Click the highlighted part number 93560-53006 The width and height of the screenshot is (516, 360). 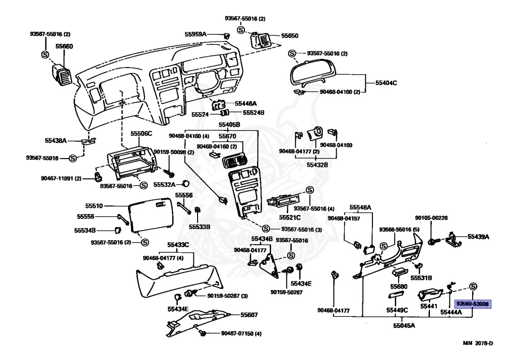click(473, 304)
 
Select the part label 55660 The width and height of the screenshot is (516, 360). click(64, 46)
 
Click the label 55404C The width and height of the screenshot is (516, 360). click(386, 82)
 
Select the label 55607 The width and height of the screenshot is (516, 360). click(248, 315)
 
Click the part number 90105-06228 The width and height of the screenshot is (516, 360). click(431, 218)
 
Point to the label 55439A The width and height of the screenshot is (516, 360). click(478, 236)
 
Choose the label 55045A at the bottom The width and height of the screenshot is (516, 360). click(404, 326)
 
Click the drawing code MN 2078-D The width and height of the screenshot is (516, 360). click(478, 343)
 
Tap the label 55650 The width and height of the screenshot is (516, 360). click(290, 36)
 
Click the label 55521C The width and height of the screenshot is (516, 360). click(290, 218)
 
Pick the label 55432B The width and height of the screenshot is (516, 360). click(317, 164)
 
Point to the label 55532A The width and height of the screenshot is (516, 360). click(163, 184)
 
